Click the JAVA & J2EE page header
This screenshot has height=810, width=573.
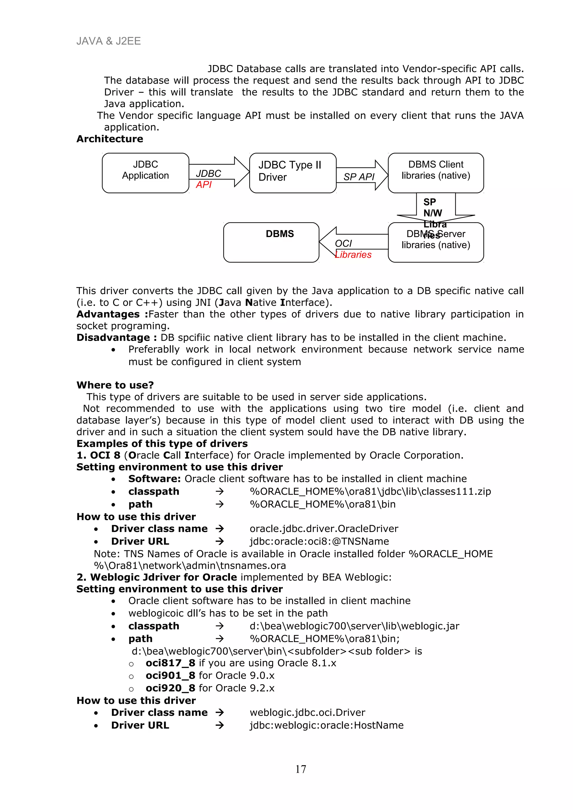pyautogui.click(x=108, y=41)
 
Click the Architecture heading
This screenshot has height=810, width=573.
pyautogui.click(x=110, y=139)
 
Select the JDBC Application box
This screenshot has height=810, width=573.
pyautogui.click(x=145, y=172)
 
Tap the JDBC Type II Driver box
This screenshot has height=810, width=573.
pyautogui.click(x=292, y=172)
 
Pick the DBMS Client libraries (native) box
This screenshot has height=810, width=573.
pyautogui.click(x=435, y=172)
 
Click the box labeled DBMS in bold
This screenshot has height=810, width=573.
pyautogui.click(x=271, y=242)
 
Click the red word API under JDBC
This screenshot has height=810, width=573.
pyautogui.click(x=204, y=184)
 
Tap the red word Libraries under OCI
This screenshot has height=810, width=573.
pyautogui.click(x=353, y=255)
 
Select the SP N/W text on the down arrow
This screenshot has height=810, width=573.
pyautogui.click(x=432, y=207)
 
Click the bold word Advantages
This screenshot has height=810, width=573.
pyautogui.click(x=108, y=314)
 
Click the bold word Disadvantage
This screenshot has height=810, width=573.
pyautogui.click(x=113, y=338)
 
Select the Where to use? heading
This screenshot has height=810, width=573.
pyautogui.click(x=115, y=385)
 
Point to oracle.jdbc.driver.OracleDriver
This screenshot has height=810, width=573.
pyautogui.click(x=324, y=529)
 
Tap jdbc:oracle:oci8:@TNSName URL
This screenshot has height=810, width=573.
pyautogui.click(x=319, y=541)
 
